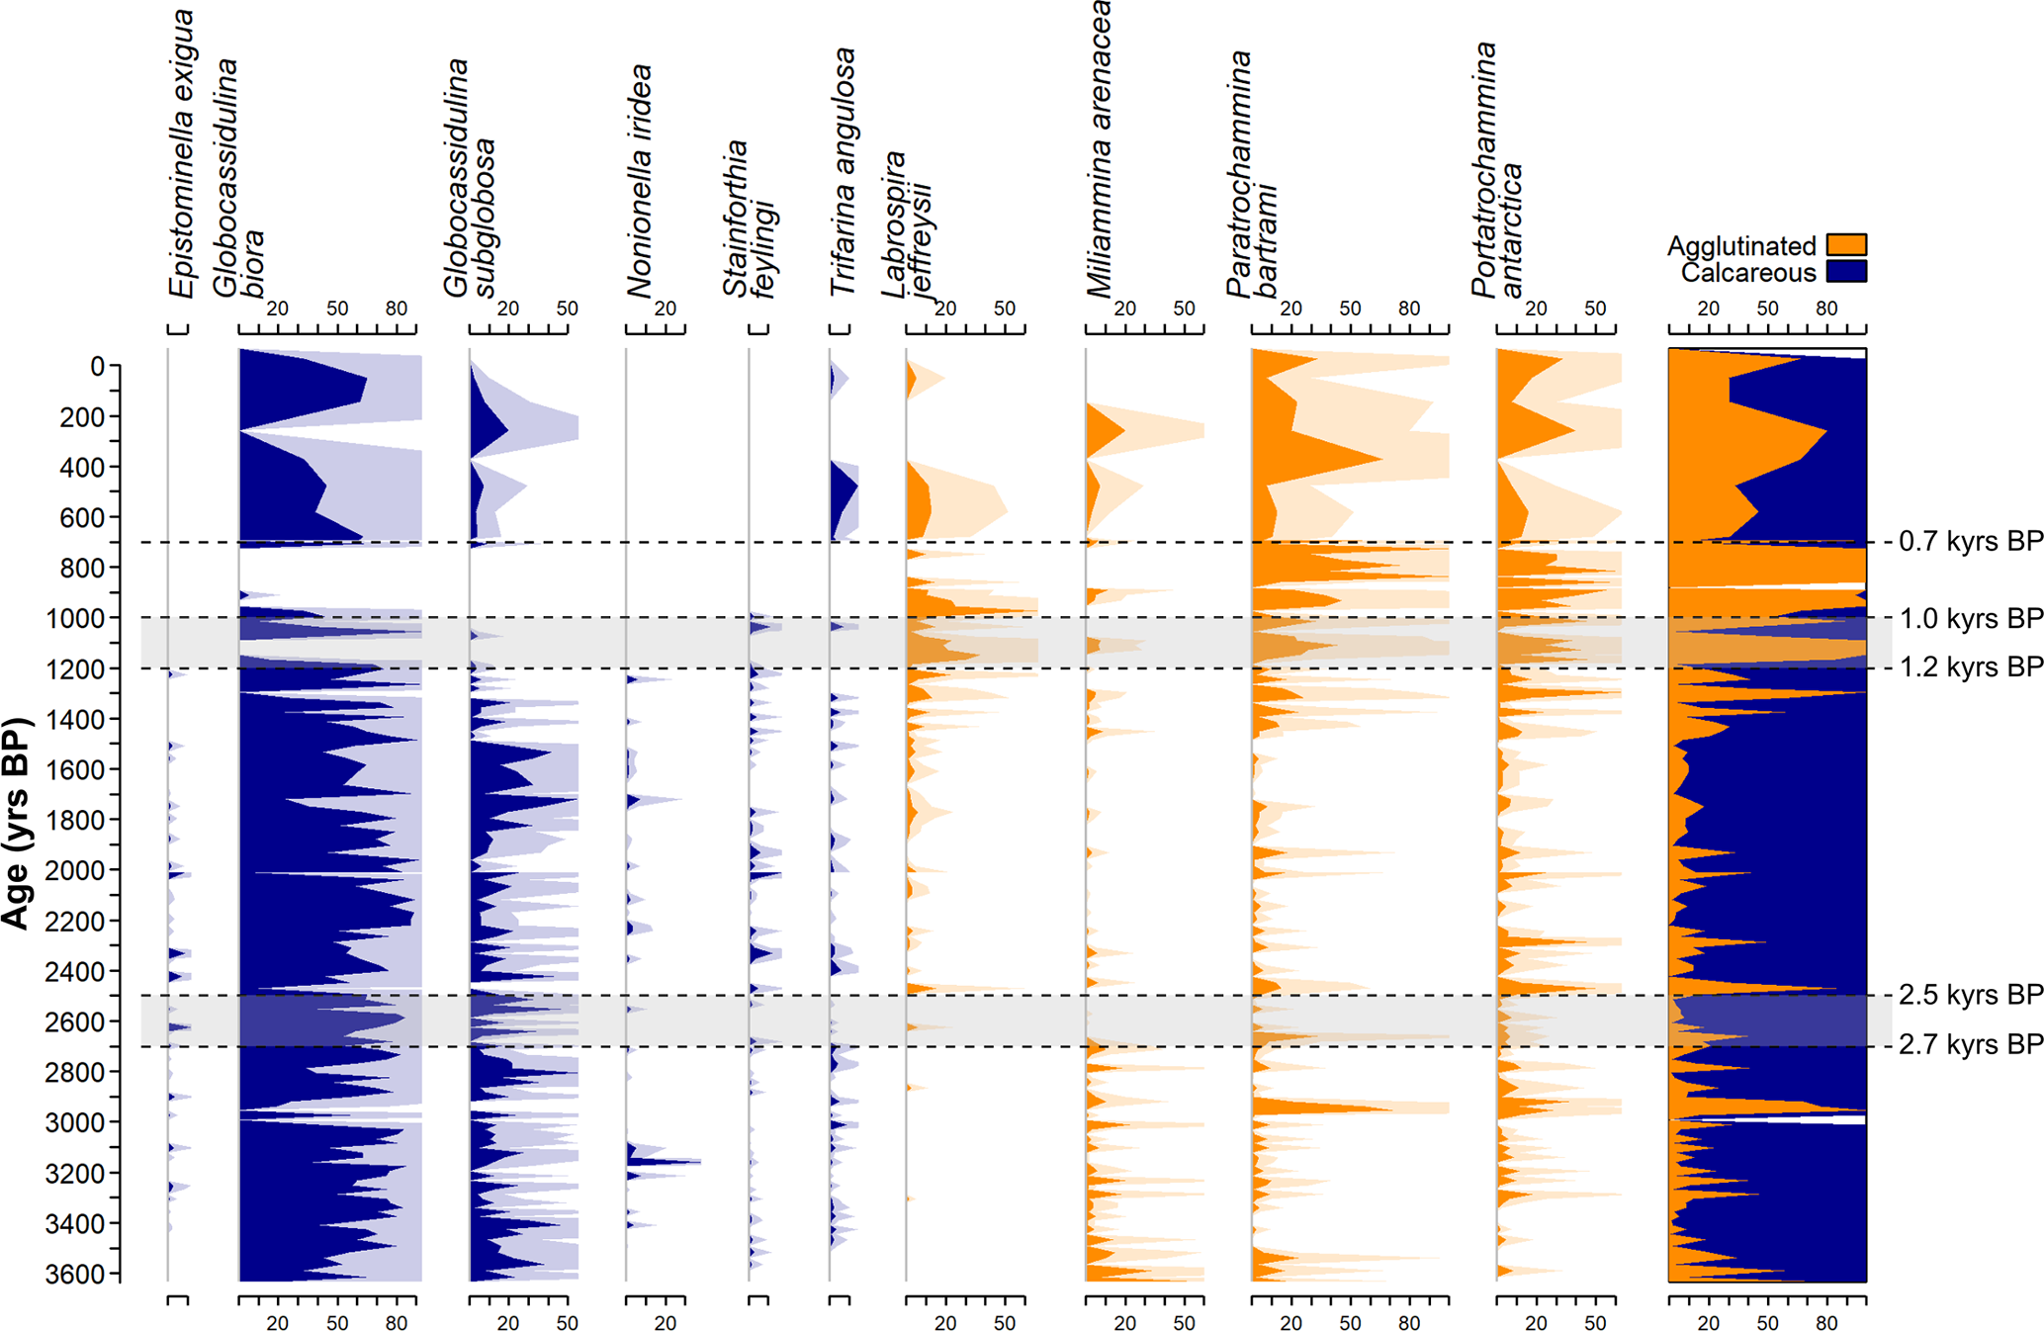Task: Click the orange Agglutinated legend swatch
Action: [x=1846, y=244]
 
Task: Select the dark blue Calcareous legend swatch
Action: [x=1846, y=271]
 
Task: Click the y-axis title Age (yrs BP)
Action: [x=17, y=823]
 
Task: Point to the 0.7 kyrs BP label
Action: [x=1970, y=542]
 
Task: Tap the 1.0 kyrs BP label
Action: [x=1970, y=619]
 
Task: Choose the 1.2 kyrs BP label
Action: [x=1970, y=667]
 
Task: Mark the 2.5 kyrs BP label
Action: [x=1970, y=995]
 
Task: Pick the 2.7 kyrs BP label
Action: [x=1970, y=1045]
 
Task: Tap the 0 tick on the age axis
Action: [x=97, y=367]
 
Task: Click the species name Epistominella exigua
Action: [x=181, y=153]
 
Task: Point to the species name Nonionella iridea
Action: [x=640, y=181]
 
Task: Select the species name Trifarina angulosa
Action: [x=843, y=172]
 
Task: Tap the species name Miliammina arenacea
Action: [x=1099, y=148]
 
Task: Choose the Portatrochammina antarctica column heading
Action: [x=1497, y=170]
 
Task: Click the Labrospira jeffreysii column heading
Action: [x=908, y=224]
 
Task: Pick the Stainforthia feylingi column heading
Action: [x=750, y=220]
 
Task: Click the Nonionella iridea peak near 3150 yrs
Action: [x=697, y=1162]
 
